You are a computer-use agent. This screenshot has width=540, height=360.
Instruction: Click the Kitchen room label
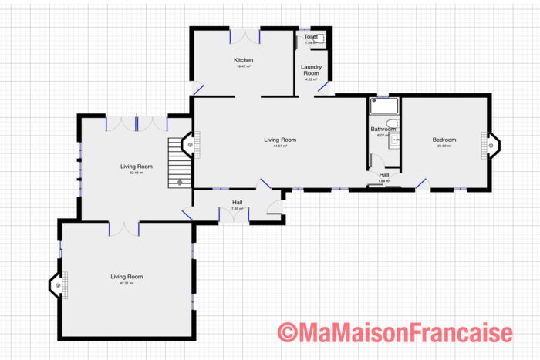click(x=244, y=60)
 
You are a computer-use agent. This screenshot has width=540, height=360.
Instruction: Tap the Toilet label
click(x=310, y=36)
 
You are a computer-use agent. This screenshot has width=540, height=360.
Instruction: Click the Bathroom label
click(x=383, y=129)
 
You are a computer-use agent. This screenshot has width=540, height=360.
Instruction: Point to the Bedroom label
click(x=444, y=140)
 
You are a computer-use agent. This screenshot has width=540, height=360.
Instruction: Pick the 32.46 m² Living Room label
click(x=136, y=166)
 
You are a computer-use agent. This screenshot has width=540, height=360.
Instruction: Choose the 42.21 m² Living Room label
click(x=126, y=276)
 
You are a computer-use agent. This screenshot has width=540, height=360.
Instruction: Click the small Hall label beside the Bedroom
click(x=384, y=175)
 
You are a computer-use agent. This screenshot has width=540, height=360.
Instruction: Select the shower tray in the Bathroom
click(x=383, y=107)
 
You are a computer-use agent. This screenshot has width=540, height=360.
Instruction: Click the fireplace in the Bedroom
click(x=490, y=143)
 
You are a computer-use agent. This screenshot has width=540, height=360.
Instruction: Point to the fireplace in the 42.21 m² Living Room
click(x=58, y=285)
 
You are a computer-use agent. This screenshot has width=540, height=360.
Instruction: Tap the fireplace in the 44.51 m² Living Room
click(x=191, y=144)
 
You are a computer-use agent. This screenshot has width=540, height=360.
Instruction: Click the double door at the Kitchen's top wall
click(x=245, y=35)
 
